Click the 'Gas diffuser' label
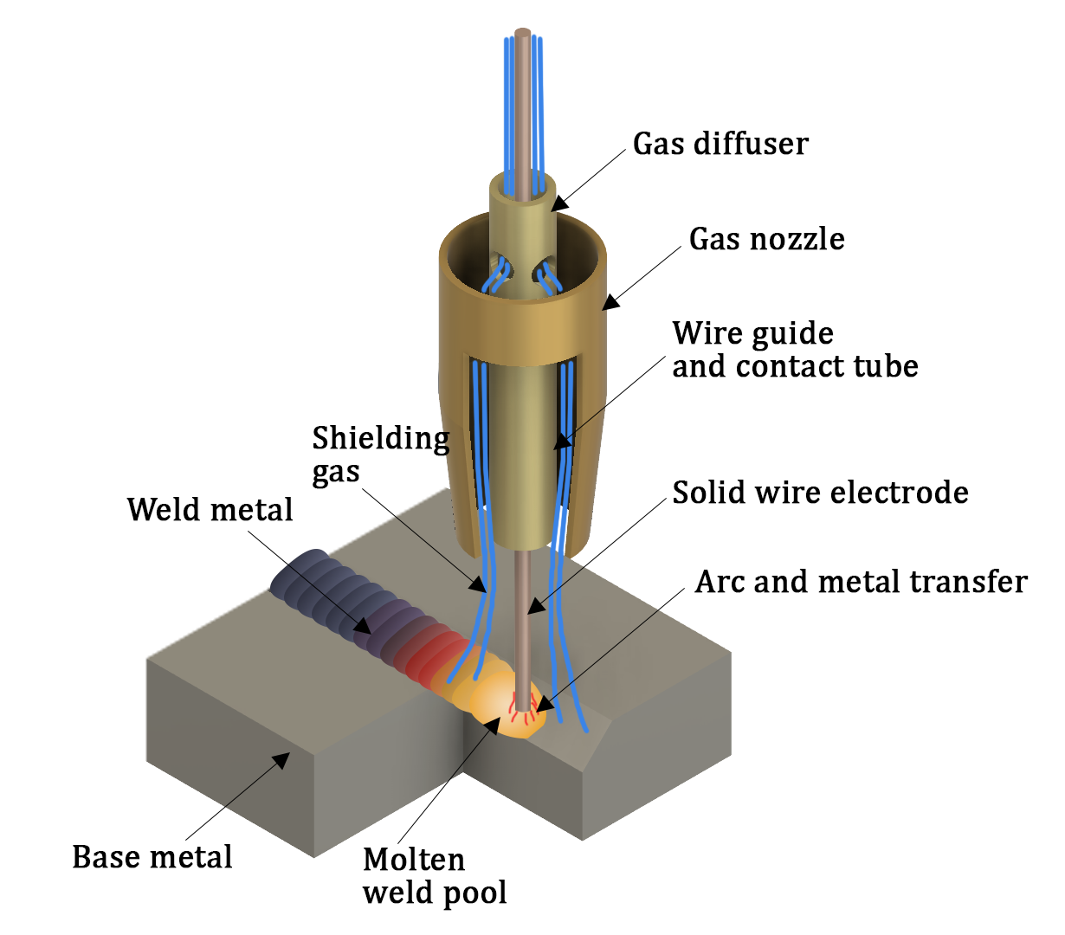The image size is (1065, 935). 720,144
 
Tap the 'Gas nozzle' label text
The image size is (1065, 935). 766,239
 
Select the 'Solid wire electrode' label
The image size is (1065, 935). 820,493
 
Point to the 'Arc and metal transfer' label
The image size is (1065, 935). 861,582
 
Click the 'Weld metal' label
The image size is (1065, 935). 210,509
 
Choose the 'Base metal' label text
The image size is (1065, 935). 152,857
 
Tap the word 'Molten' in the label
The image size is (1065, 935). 414,860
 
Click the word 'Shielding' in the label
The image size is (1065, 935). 381,438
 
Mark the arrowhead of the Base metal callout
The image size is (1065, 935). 281,761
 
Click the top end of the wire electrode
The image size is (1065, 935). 522,34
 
